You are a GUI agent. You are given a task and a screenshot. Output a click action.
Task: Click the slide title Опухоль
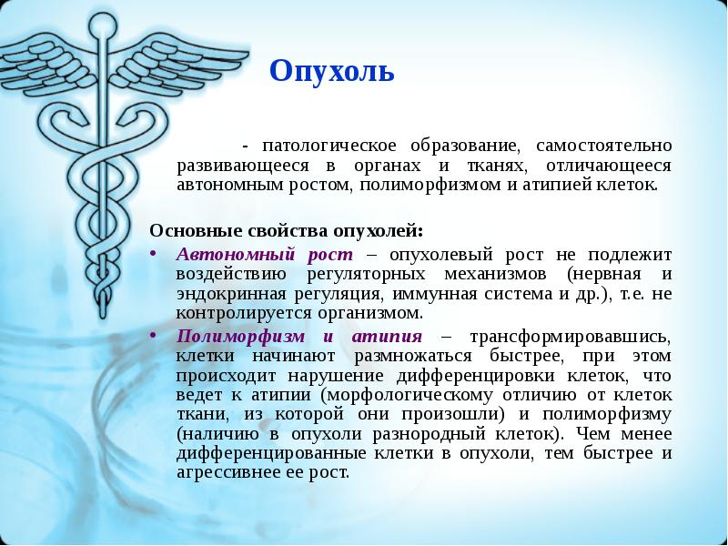point(332,70)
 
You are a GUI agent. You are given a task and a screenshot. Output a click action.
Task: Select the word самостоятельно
point(603,146)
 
